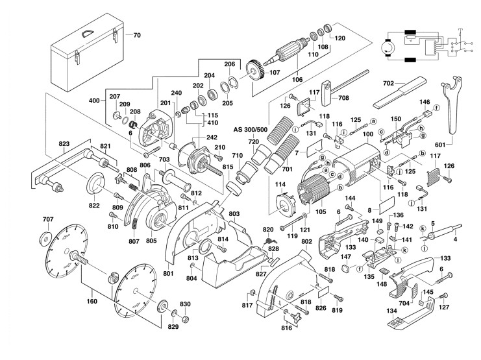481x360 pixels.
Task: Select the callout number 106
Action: tap(297, 80)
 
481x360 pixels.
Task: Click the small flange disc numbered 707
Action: tap(47, 236)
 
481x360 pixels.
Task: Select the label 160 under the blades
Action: tap(92, 301)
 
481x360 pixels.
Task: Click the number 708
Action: tap(343, 98)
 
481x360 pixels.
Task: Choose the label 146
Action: tap(425, 102)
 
